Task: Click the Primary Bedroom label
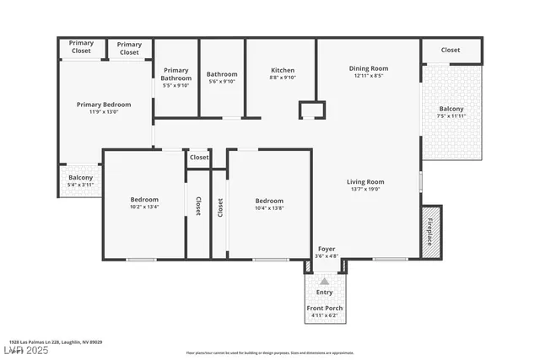point(104,105)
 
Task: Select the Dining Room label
point(368,68)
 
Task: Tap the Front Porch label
point(324,308)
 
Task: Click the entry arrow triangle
point(324,281)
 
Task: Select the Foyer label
point(326,249)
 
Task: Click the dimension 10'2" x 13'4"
point(144,207)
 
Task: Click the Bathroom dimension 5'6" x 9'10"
point(222,82)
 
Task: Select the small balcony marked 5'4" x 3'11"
point(80,180)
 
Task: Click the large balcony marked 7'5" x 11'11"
point(451,113)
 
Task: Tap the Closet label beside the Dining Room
point(451,50)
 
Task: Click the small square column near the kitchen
point(311,110)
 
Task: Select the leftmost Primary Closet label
point(81,47)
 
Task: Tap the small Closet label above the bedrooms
point(199,157)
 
